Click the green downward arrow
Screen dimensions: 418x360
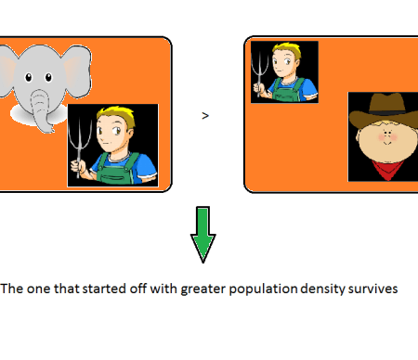(x=203, y=235)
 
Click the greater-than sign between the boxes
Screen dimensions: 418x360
(x=205, y=116)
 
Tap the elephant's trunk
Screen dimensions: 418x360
(x=41, y=110)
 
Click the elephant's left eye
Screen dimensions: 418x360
(x=28, y=77)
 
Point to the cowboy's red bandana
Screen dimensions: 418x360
(x=388, y=170)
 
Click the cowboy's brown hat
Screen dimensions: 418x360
(x=385, y=110)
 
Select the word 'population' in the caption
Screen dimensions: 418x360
(x=263, y=289)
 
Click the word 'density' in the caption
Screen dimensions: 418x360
(x=323, y=289)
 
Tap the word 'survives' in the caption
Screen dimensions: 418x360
(x=372, y=289)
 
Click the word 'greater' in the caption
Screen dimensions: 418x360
(x=203, y=289)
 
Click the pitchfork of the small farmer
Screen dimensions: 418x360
(x=259, y=74)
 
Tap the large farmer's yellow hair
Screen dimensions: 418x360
(x=117, y=116)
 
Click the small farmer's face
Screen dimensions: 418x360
(x=283, y=65)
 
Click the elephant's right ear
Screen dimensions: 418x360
(x=77, y=71)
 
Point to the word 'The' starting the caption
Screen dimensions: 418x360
(x=12, y=289)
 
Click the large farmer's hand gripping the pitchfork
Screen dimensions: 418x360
(x=77, y=167)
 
